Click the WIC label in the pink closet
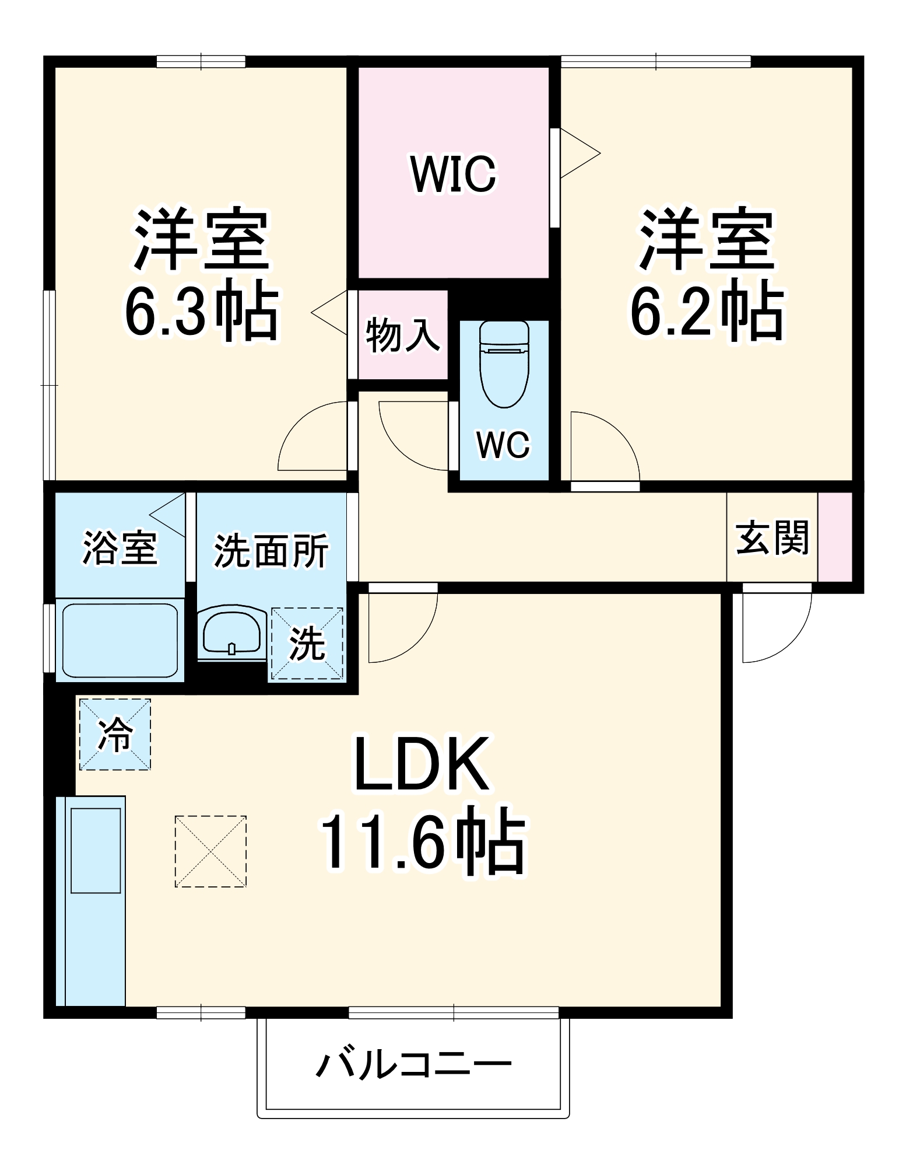pos(453,173)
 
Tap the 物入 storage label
pos(402,335)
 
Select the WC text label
pos(503,445)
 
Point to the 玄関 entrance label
pos(772,537)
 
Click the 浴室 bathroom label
pos(120,548)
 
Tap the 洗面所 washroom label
pos(271,550)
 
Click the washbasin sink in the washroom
pos(231,633)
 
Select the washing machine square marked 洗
pos(307,644)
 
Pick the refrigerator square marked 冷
pos(115,734)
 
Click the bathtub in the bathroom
pos(120,641)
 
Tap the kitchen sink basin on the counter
pos(96,850)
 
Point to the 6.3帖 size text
pos(201,312)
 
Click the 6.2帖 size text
pos(707,312)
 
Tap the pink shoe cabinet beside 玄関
pos(834,537)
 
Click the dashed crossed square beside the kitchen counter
pos(210,851)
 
